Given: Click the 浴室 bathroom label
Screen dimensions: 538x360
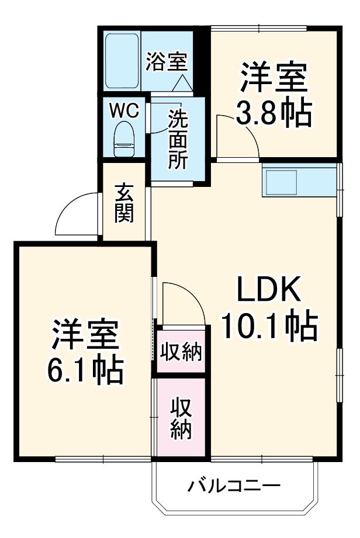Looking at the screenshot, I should click(166, 61).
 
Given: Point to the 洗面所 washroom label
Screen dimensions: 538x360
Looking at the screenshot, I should click(178, 140).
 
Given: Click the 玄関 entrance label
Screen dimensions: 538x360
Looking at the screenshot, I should click(124, 203).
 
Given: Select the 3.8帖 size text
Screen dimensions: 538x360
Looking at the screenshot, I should click(273, 114).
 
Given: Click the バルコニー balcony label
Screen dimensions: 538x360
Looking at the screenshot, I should click(234, 485).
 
